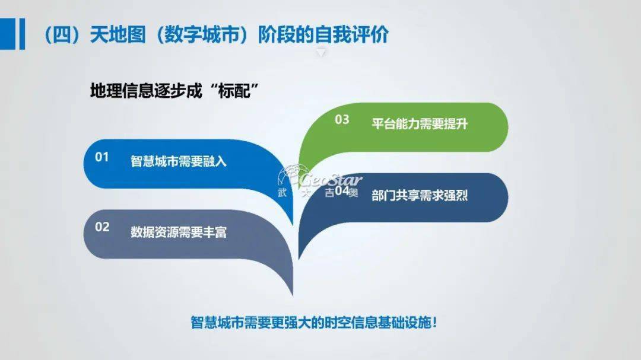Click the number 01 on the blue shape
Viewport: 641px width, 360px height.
coord(102,158)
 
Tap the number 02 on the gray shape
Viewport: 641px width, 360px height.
coord(102,227)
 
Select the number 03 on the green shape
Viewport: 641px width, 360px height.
coord(342,120)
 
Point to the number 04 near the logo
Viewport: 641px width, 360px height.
coord(342,191)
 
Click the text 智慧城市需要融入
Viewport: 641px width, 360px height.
coord(179,161)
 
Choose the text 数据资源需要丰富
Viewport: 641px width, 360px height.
coord(179,231)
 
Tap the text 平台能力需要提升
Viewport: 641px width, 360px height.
coord(420,124)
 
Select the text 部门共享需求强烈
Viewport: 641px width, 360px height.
coord(420,195)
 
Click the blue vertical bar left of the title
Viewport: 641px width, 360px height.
coord(23,35)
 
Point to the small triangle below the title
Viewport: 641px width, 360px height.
coord(321,53)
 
